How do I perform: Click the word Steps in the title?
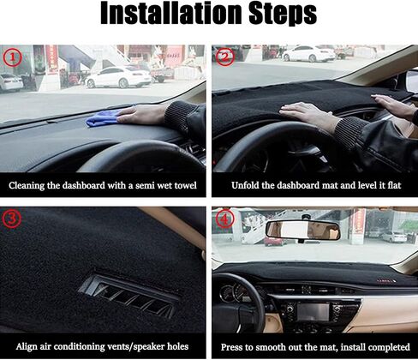coord(283,15)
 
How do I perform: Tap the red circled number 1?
coord(12,57)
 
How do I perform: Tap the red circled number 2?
coord(225,57)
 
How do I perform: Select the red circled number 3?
coord(12,219)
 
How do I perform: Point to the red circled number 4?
coord(225,219)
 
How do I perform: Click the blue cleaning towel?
coord(104,118)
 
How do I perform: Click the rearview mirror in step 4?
coord(303,231)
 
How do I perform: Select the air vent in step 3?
coord(128,297)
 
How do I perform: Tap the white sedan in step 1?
coord(118,77)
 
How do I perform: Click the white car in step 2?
coord(309,53)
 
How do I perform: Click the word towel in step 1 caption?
coord(186,185)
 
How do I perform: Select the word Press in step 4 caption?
coord(231,347)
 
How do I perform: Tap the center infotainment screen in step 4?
coord(313,311)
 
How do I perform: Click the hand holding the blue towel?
coord(141,115)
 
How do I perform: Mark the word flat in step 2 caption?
coord(394,185)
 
